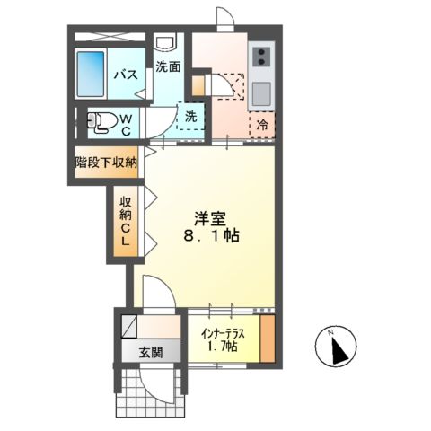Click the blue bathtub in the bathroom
92,75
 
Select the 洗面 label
168,66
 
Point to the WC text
126,124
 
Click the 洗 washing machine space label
191,116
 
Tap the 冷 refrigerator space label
263,124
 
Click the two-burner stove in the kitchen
261,57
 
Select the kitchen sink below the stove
261,92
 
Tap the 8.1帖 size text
211,238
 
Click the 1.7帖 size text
224,346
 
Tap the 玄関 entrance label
150,352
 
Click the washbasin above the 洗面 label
166,44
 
